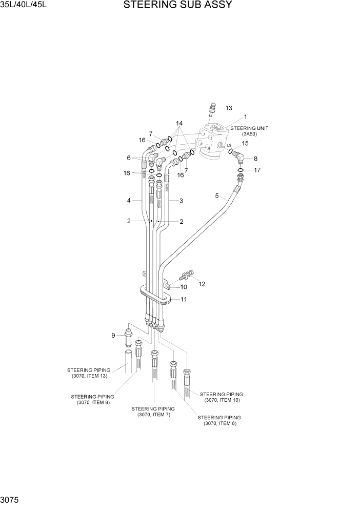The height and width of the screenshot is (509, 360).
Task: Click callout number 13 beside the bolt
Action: tap(229, 108)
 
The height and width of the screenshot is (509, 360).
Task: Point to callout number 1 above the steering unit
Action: tap(246, 117)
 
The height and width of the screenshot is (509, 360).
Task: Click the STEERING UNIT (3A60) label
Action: tap(249, 131)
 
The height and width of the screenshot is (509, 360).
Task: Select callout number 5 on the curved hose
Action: tap(217, 195)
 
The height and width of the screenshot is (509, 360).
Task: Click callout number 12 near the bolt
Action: tap(202, 284)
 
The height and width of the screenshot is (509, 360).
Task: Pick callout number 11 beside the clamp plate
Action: tap(183, 299)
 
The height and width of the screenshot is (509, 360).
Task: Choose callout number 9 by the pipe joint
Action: tap(113, 336)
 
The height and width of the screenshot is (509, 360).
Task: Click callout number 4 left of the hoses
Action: tap(129, 200)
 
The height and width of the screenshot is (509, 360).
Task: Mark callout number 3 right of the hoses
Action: tap(181, 201)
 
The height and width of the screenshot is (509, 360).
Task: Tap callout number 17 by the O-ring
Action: tap(257, 170)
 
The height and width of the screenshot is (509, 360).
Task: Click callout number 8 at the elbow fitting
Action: tap(255, 159)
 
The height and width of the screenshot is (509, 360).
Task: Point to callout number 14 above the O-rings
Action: tap(179, 124)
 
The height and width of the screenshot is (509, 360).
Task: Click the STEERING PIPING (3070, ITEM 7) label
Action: tap(153, 412)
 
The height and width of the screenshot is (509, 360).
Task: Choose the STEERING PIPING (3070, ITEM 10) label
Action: tap(222, 397)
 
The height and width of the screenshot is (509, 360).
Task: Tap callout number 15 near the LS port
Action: tap(245, 144)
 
